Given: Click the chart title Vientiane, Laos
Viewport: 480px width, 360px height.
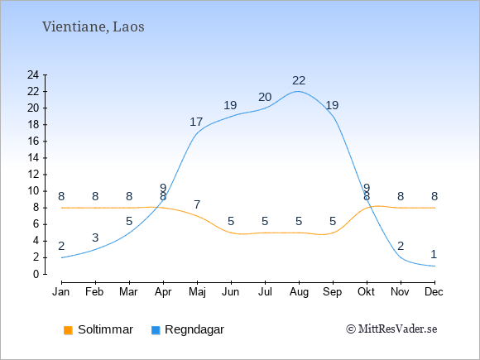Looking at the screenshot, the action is [x=93, y=27].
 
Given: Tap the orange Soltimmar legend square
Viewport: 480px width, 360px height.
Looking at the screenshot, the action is [x=68, y=330].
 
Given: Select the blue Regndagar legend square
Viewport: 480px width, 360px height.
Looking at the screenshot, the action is [x=156, y=330].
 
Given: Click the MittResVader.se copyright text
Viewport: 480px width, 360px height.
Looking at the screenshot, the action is [x=391, y=329].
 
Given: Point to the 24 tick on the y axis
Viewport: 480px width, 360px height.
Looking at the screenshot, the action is [x=33, y=74].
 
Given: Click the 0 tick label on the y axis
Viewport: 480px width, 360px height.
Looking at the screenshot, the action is [x=36, y=274].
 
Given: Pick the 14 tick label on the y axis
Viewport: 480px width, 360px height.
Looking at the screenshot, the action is [x=33, y=158].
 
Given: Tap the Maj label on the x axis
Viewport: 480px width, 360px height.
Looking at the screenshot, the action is [x=198, y=292].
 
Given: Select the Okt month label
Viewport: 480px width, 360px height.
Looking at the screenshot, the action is [x=367, y=292].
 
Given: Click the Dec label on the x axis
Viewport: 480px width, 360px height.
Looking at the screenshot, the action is [x=434, y=292].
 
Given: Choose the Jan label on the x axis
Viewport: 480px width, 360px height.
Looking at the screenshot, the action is [x=61, y=292].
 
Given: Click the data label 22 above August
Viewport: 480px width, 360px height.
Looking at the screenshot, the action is [x=299, y=81].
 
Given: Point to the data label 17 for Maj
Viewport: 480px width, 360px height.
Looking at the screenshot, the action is [x=196, y=122].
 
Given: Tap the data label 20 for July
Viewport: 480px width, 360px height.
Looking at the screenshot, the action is [x=265, y=98].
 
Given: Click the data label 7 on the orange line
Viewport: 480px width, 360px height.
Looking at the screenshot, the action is [x=197, y=204].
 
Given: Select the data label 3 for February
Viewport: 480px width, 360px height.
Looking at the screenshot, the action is [x=95, y=238].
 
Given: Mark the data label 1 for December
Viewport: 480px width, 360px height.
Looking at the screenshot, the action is [x=434, y=254].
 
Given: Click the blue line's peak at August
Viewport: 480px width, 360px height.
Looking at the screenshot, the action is [x=298, y=91].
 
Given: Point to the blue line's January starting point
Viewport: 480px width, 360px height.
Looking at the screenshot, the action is [x=62, y=257].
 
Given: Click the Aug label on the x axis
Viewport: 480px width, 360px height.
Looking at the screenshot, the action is [x=299, y=292].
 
